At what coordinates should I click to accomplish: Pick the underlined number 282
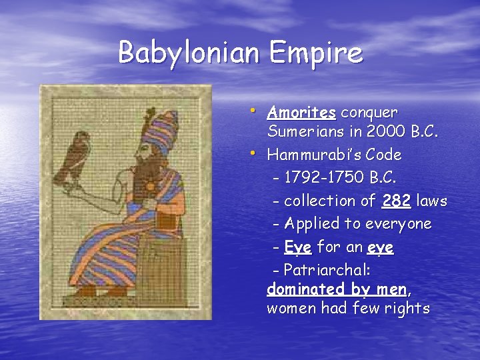point(397,201)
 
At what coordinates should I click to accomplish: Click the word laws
point(431,201)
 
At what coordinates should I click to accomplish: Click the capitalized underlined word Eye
point(297,247)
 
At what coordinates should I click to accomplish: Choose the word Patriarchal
point(326,271)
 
